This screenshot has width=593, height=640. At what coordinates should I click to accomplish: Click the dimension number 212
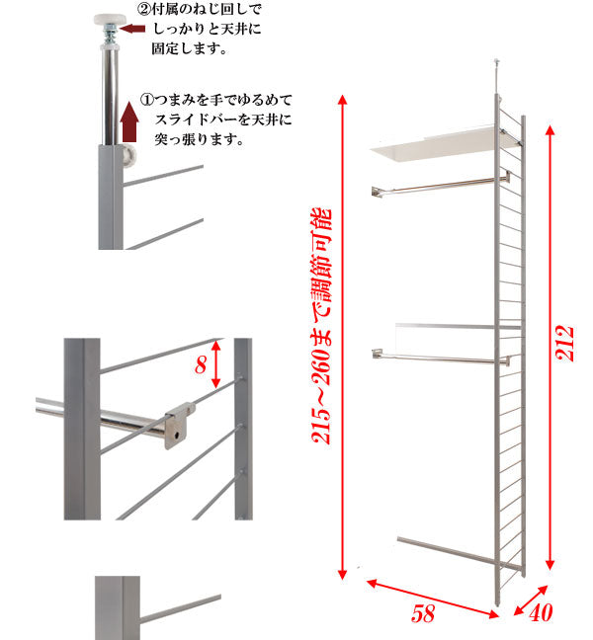coord(565,344)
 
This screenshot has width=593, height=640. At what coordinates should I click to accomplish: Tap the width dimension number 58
coord(424,613)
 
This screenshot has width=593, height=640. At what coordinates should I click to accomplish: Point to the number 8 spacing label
coord(202,366)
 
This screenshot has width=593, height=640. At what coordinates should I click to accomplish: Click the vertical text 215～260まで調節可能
coord(321,326)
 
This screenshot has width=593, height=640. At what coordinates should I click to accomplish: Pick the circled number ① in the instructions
coord(146,100)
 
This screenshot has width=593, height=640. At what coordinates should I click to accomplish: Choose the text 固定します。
coord(190,47)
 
